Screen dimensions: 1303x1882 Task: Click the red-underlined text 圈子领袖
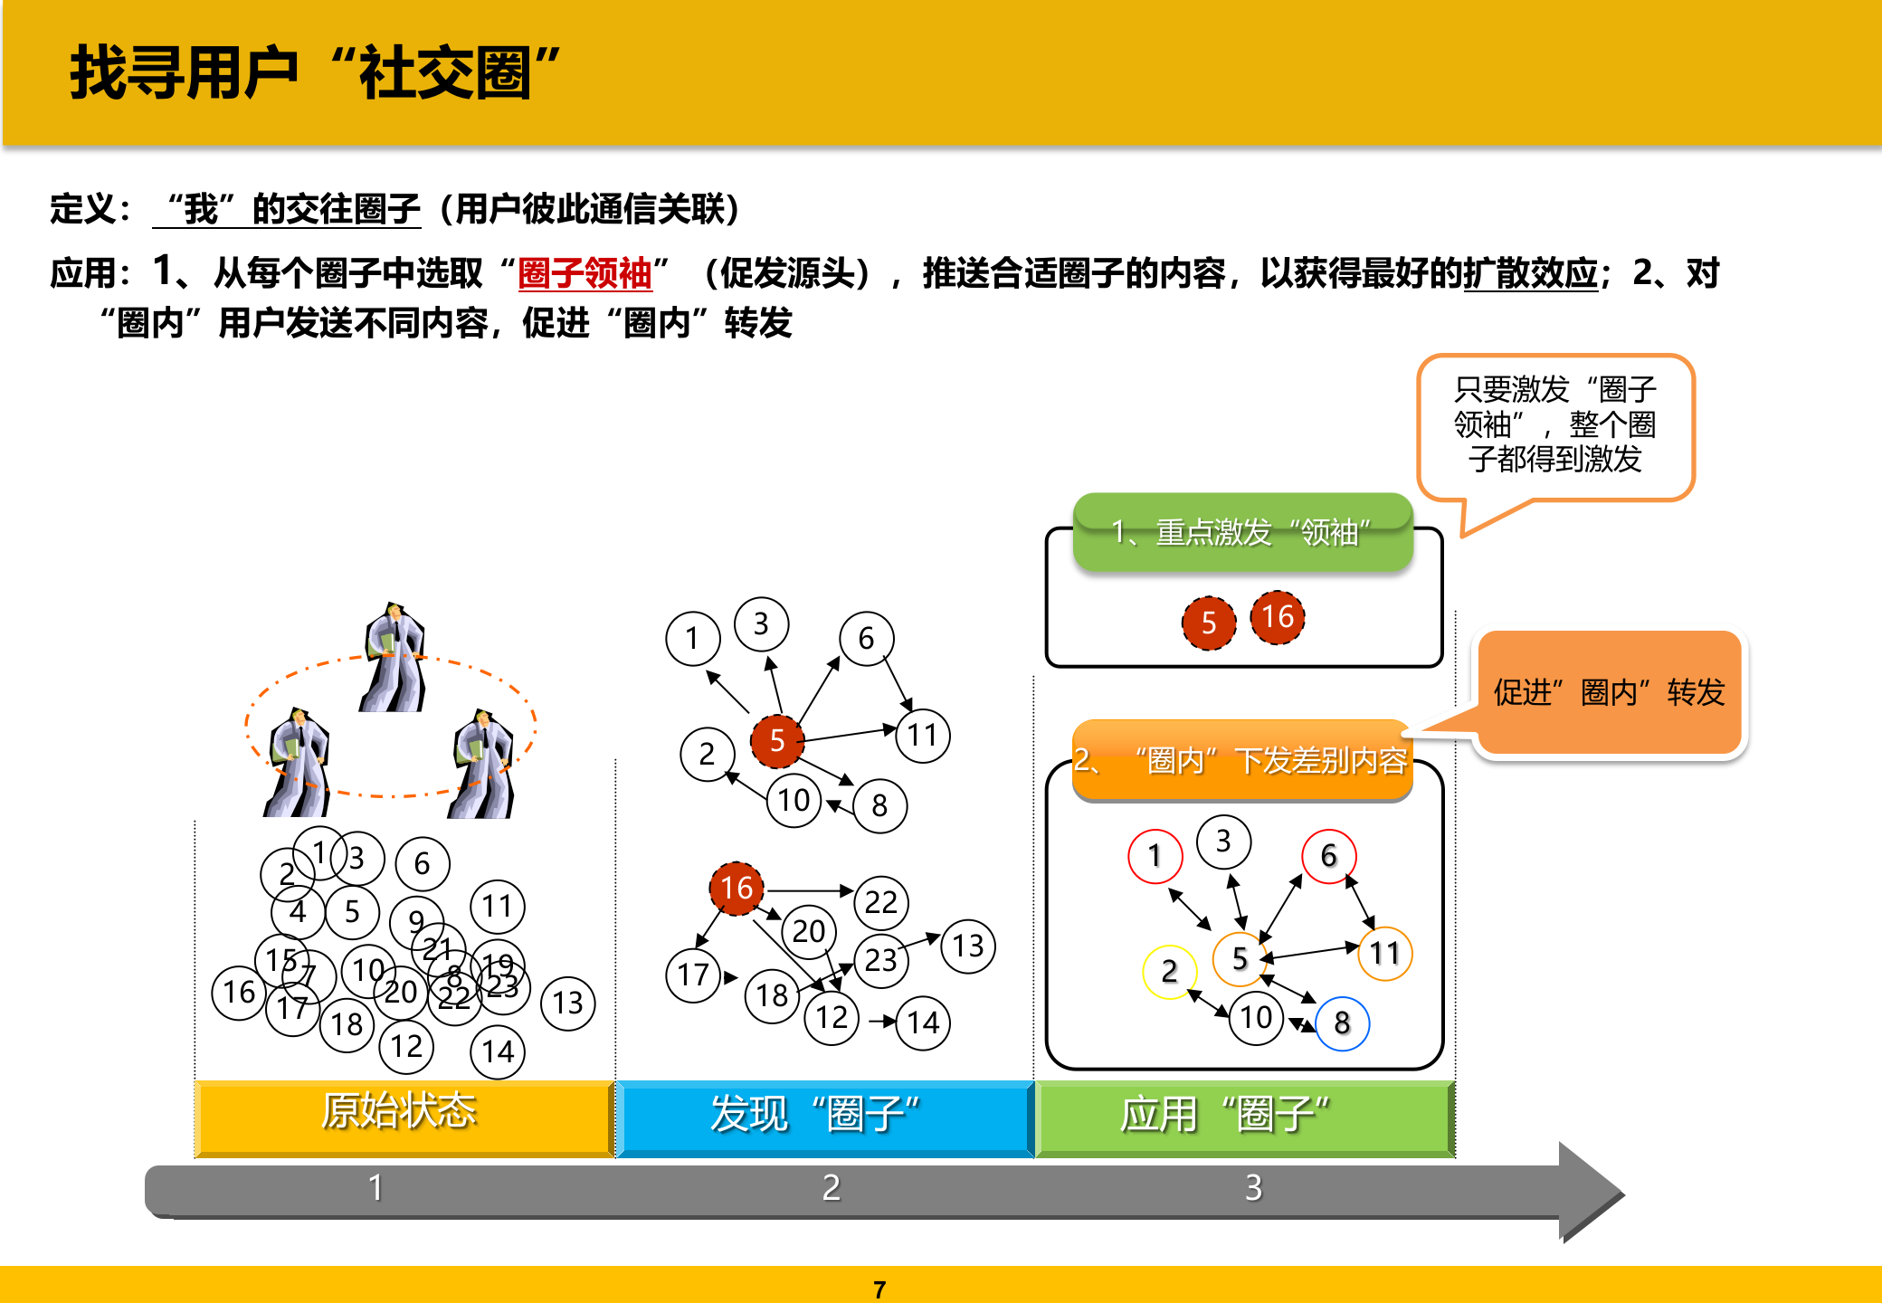585,273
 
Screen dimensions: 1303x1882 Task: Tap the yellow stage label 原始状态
399,1112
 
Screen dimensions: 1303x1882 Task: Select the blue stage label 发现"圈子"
815,1114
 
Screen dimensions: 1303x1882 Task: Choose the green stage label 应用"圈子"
1225,1114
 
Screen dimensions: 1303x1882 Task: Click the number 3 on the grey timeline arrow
1253,1188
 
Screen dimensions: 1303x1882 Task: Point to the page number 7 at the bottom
879,1289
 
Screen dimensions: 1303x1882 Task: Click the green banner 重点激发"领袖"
1241,532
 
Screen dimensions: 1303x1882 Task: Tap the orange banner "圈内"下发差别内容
1241,760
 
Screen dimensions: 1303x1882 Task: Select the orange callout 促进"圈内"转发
1609,692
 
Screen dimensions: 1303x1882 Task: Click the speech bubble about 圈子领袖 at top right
1554,425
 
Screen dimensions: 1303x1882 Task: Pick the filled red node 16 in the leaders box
1278,617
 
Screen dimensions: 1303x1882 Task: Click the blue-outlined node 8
1342,1023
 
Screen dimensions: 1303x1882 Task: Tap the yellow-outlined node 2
1170,972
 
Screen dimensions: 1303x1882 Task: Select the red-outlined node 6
1328,856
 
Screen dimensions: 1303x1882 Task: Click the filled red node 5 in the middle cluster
777,741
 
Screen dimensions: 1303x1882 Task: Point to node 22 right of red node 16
880,902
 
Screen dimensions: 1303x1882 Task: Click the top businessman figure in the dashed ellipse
394,658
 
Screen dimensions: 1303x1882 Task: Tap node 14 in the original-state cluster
498,1051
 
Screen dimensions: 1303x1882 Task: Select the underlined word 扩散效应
1531,273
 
